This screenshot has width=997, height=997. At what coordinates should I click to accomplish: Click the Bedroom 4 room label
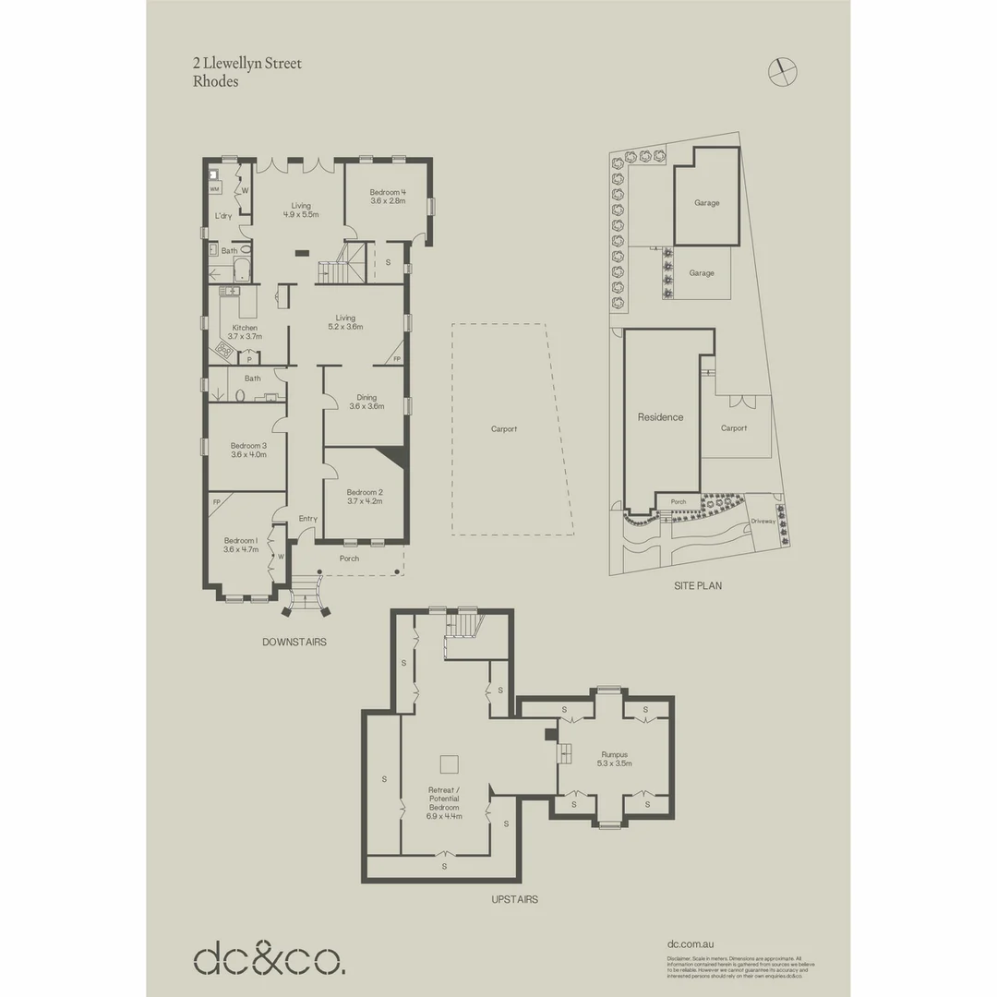click(x=388, y=196)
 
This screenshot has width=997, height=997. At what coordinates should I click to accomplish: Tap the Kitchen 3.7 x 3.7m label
click(x=245, y=332)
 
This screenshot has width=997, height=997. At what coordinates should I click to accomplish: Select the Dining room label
click(x=364, y=402)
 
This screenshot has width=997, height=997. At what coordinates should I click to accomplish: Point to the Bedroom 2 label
click(x=364, y=497)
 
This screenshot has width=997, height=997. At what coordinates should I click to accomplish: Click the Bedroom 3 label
click(x=247, y=450)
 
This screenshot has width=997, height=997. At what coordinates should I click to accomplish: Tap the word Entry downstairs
click(x=308, y=519)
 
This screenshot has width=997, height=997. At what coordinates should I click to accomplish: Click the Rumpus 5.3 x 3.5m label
click(x=614, y=759)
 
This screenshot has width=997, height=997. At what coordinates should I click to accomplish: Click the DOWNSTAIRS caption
click(x=294, y=642)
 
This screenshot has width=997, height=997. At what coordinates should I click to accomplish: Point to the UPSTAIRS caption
click(x=515, y=899)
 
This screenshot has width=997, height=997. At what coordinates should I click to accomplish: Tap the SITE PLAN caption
click(x=698, y=585)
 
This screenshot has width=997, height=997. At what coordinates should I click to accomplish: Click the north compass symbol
click(x=783, y=69)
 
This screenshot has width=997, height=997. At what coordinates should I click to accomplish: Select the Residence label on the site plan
click(x=661, y=417)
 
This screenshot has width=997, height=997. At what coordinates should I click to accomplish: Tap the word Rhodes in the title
click(x=215, y=81)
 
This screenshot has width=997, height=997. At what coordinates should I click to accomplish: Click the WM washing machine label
click(x=214, y=188)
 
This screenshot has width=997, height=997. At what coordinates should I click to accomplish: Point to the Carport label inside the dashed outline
click(x=504, y=428)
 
